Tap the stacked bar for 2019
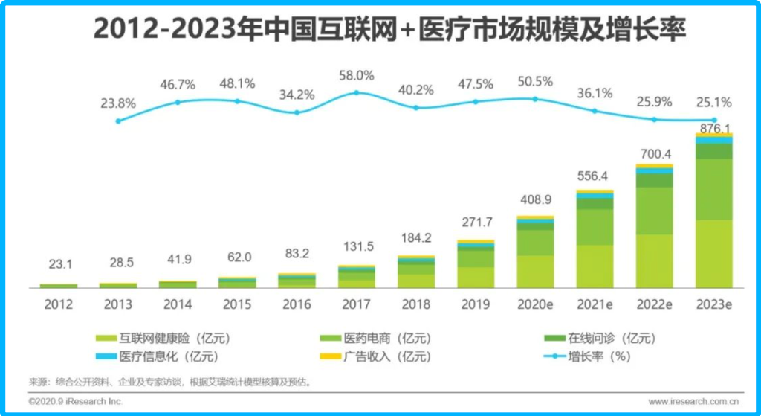click(476, 265)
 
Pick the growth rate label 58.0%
click(357, 76)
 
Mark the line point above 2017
click(357, 92)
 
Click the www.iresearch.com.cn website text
click(690, 402)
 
